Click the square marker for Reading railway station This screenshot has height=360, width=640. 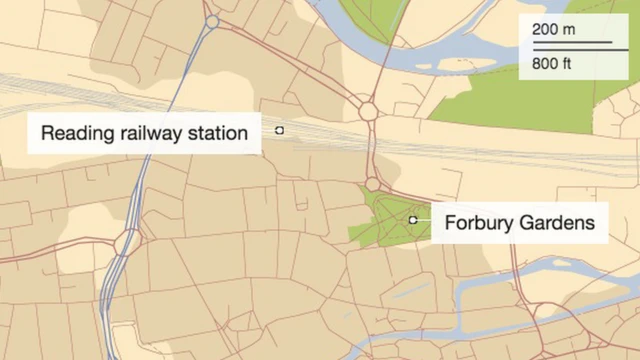[x=280, y=130]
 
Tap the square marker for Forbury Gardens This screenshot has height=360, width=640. [x=412, y=219]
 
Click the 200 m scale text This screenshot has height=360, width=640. [x=554, y=30]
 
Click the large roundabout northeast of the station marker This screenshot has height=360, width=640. [x=368, y=111]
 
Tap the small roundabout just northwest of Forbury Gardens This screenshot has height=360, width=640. [x=372, y=184]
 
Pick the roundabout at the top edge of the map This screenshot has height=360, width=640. [x=211, y=20]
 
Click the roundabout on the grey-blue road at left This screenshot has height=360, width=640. [x=127, y=242]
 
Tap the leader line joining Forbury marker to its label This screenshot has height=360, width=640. [x=424, y=219]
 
